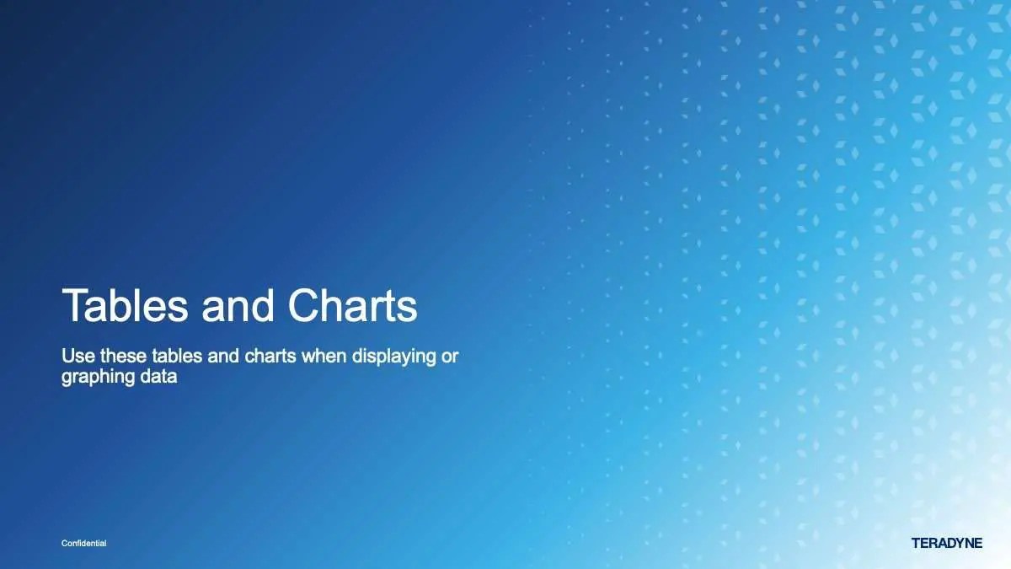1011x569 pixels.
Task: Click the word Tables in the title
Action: tap(125, 305)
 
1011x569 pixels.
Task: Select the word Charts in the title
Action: tap(352, 305)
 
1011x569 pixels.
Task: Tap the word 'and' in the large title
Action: tap(238, 305)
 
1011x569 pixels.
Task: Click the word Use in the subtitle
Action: tap(78, 357)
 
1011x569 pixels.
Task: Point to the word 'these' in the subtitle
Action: tap(123, 357)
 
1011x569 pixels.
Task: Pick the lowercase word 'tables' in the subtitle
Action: tap(177, 357)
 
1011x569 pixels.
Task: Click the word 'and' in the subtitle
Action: tap(223, 357)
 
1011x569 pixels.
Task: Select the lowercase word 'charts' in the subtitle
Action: tap(270, 357)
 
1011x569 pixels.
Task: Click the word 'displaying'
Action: tap(394, 358)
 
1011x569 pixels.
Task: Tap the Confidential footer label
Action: tap(84, 543)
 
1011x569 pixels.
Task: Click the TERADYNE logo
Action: tap(947, 543)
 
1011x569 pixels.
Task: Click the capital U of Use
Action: tap(67, 357)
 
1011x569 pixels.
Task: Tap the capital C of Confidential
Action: tap(65, 543)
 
